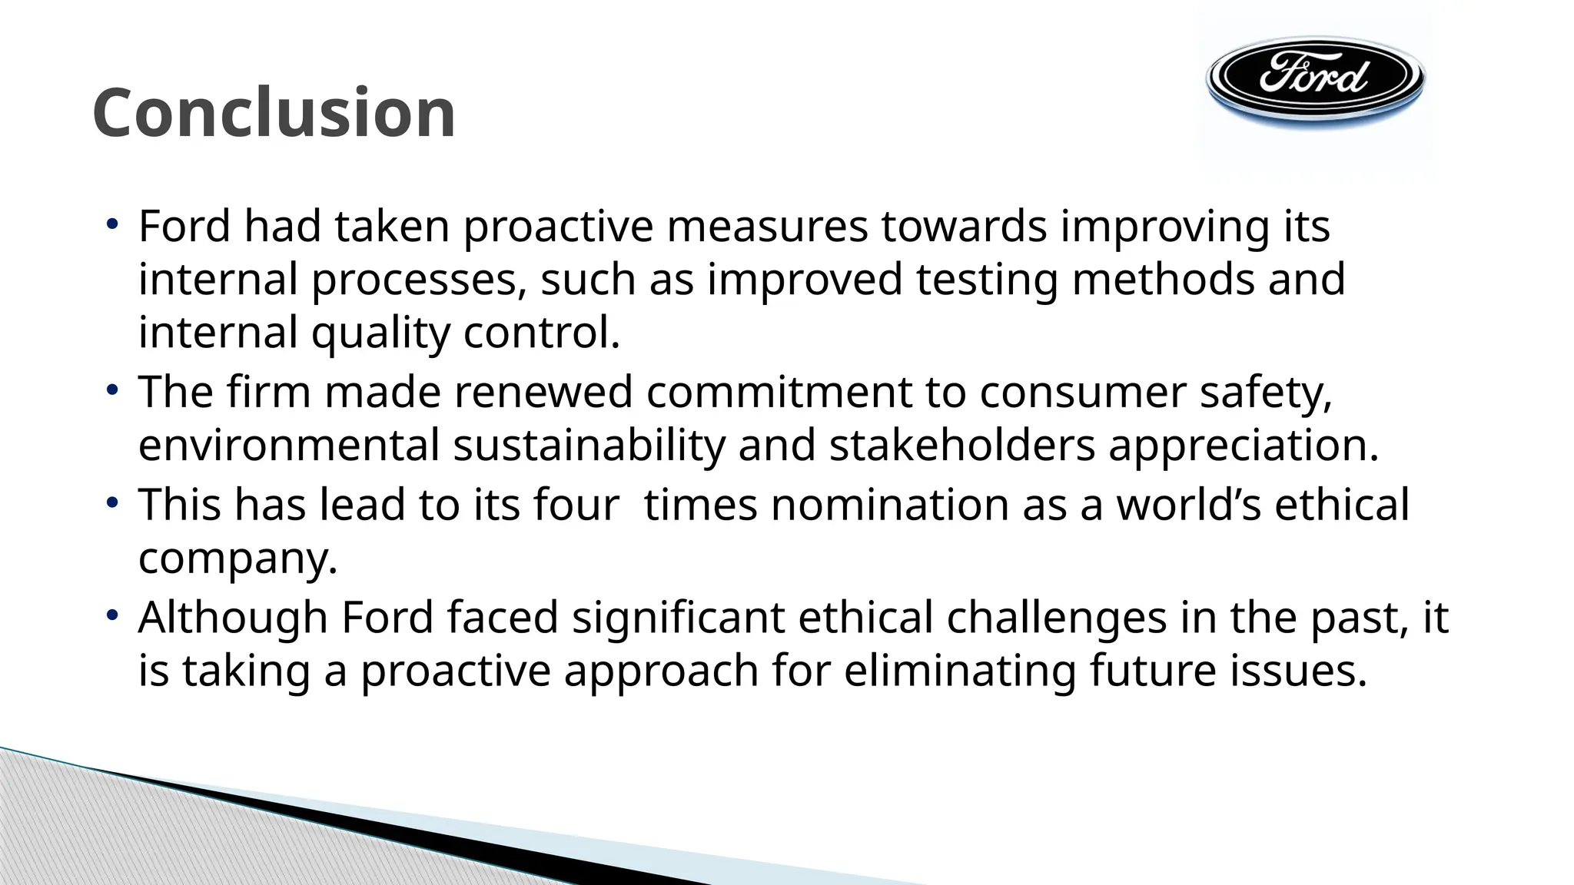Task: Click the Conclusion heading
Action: pos(274,113)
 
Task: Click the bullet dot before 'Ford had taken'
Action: pos(112,225)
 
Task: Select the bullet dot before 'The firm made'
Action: pos(112,391)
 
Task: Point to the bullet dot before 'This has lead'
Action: pos(112,504)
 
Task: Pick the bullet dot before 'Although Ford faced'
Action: pos(112,616)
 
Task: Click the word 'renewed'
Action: pos(543,392)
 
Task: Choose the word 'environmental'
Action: pos(289,446)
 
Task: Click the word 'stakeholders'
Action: pos(961,446)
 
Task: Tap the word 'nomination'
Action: pos(889,505)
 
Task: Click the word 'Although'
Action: pos(233,618)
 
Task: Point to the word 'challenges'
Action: pos(1056,618)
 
